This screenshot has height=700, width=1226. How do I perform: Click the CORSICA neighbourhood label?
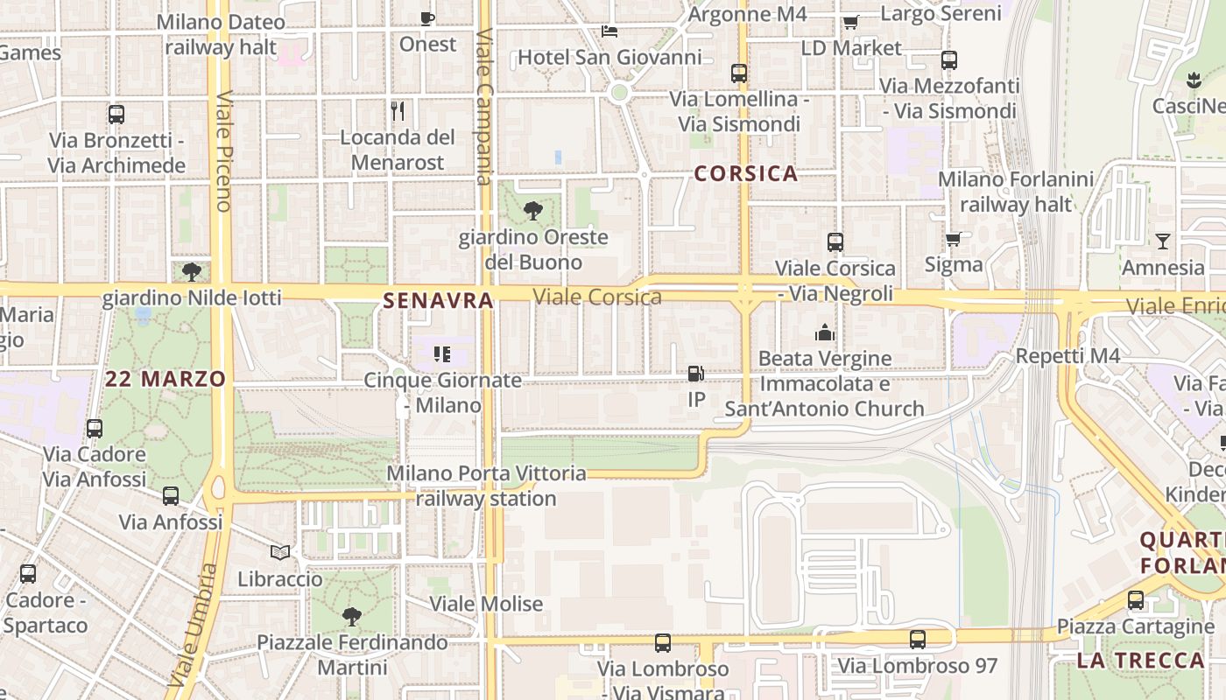coord(745,173)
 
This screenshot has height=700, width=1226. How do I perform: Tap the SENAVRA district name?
coord(438,301)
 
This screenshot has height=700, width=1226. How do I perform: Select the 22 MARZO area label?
coord(166,379)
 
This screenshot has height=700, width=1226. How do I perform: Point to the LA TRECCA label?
coord(1140,661)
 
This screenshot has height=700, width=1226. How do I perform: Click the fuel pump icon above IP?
coord(696,374)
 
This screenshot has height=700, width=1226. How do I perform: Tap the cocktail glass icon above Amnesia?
coord(1162,241)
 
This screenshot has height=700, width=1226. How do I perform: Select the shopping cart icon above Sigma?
coord(954,239)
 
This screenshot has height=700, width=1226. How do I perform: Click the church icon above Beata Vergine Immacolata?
coord(824,332)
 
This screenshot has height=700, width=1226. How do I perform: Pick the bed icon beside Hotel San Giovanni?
coord(609,31)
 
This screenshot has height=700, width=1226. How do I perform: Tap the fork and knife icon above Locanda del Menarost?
coord(398,111)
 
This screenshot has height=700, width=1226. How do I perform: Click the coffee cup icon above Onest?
coord(427,18)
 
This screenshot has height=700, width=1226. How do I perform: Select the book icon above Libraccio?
coord(279,553)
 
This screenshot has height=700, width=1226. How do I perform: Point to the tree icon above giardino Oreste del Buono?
coord(532,211)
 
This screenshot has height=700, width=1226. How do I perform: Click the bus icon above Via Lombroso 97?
coord(917,640)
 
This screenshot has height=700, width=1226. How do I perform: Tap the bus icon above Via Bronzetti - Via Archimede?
coord(116,115)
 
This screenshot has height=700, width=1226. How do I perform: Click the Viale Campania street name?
coord(483,107)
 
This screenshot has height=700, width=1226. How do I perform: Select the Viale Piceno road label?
coord(222,150)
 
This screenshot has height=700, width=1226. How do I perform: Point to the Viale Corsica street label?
coord(597,297)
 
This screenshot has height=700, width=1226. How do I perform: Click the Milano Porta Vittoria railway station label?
coord(486,486)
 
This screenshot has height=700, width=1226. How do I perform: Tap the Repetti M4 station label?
coord(1067,356)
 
